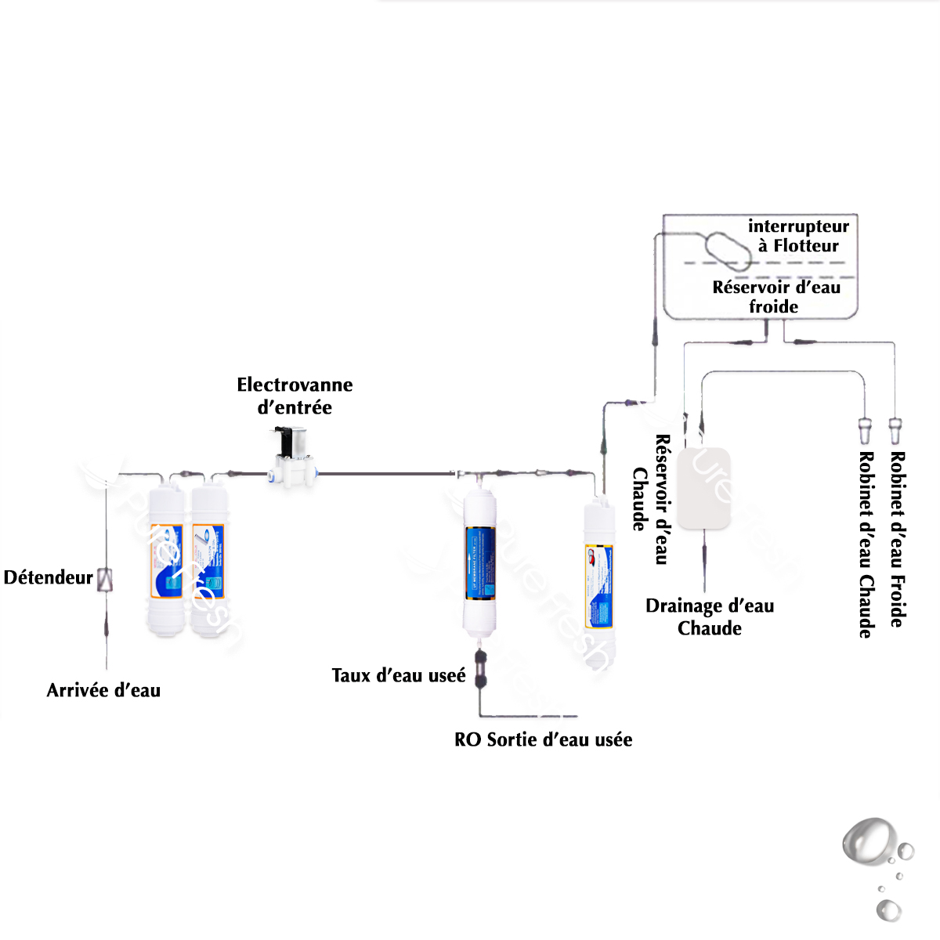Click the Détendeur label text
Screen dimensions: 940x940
coord(49,578)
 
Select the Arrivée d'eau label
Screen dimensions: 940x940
coord(103,690)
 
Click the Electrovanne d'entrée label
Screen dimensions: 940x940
coord(295,396)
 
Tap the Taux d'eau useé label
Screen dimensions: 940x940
coord(398,675)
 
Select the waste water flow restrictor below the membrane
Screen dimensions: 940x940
coord(481,667)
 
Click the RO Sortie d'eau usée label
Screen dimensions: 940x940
coord(543,739)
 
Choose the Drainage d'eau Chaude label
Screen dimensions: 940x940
coord(710,616)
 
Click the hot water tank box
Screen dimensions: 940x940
coord(703,488)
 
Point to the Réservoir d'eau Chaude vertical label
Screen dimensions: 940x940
coord(652,499)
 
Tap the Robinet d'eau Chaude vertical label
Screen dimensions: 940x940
coord(866,544)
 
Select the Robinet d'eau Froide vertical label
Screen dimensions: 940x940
coord(898,539)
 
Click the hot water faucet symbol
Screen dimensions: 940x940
coord(865,430)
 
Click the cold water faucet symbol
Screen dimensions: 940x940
coord(895,430)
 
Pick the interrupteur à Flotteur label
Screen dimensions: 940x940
coord(798,236)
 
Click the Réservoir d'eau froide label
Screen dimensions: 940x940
coord(775,297)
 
